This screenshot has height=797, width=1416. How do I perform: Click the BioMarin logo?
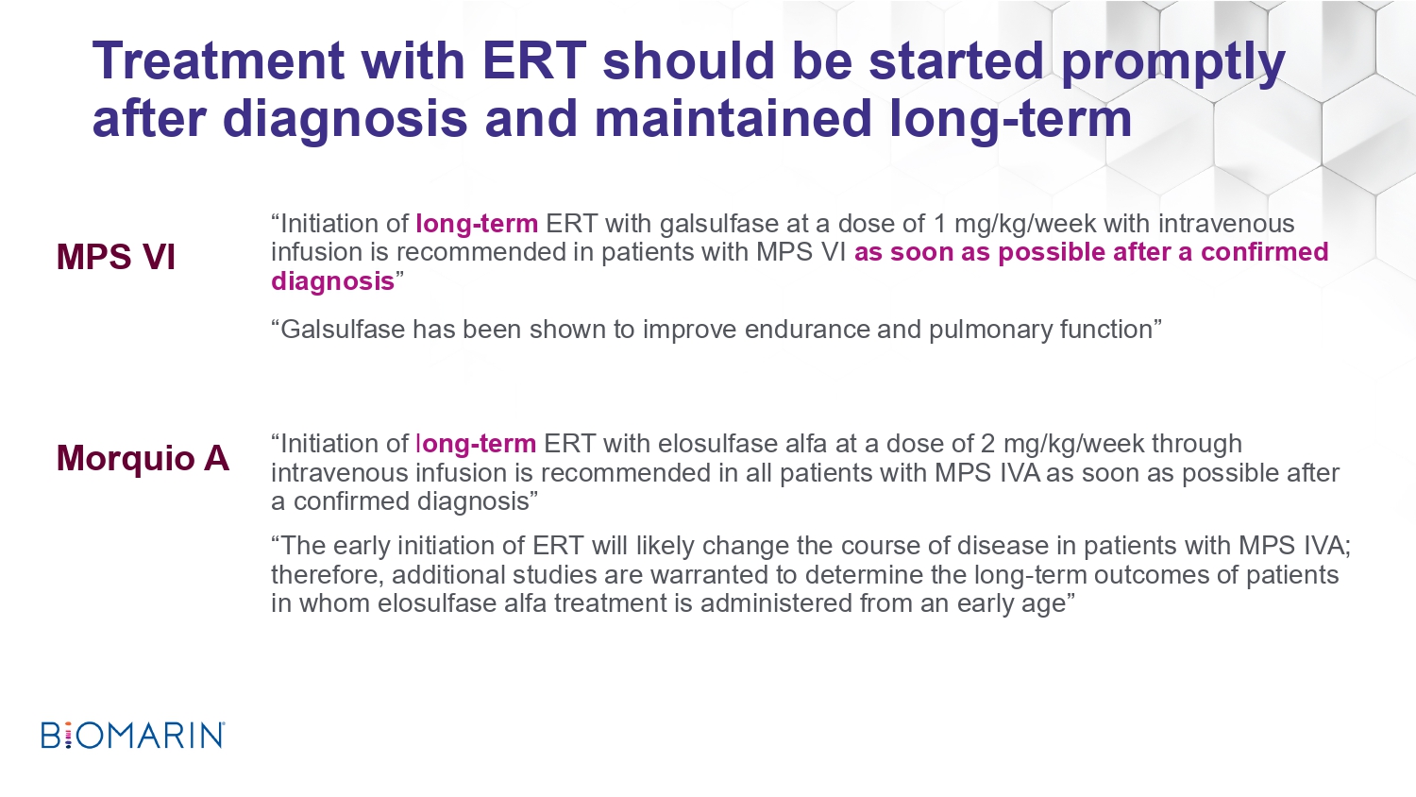[x=133, y=735]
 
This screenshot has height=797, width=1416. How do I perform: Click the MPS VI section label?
[x=116, y=257]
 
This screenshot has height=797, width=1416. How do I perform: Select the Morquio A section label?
[x=143, y=457]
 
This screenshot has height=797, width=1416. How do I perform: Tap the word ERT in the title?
[x=534, y=61]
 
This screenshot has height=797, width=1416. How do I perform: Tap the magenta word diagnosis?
[x=332, y=281]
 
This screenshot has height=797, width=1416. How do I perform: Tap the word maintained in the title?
[x=733, y=118]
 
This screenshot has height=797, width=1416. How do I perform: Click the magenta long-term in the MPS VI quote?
[x=477, y=225]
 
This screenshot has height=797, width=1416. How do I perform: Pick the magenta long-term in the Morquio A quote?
[x=476, y=445]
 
